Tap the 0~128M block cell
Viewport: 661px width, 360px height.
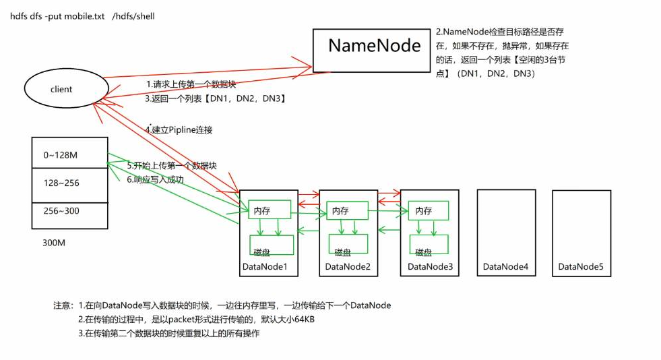pyautogui.click(x=69, y=155)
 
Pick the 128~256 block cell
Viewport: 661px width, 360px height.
pyautogui.click(x=69, y=183)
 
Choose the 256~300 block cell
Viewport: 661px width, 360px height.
pyautogui.click(x=69, y=211)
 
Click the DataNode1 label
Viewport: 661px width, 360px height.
pyautogui.click(x=265, y=268)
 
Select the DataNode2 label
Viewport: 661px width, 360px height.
pyautogui.click(x=348, y=268)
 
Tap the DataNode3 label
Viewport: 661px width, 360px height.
pyautogui.click(x=431, y=268)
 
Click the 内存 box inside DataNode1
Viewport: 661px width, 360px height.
pyautogui.click(x=269, y=210)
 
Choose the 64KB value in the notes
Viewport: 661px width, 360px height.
pyautogui.click(x=301, y=320)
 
